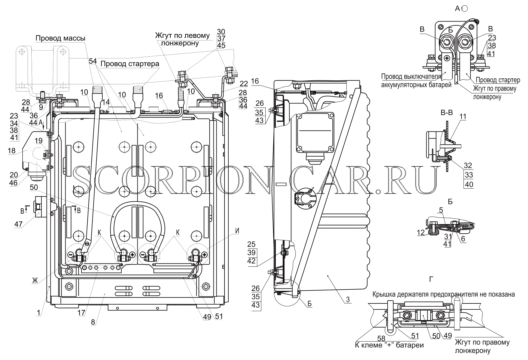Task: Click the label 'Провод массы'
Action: pos(61,38)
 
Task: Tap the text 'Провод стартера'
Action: pos(130,64)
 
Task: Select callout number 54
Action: pos(93,61)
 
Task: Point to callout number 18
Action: pos(12,150)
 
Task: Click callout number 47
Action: pos(18,224)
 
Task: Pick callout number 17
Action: pos(81,313)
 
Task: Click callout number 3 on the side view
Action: pos(347,300)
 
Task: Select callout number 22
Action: pos(244,83)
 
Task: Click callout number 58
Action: pos(381,338)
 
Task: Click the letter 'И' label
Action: pos(237,231)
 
